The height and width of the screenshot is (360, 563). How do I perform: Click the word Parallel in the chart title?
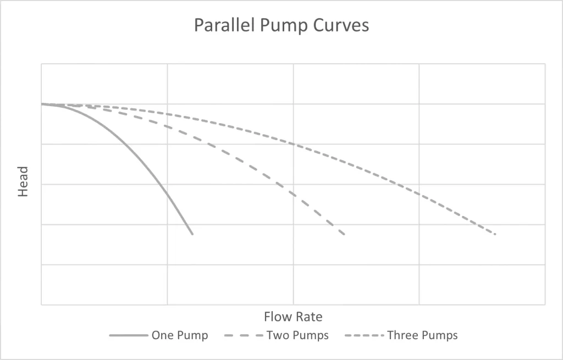pos(223,26)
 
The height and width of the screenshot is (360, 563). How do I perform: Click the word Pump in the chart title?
pos(280,26)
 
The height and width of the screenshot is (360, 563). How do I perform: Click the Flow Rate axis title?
pos(293,317)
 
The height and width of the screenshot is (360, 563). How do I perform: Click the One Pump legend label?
pos(180,335)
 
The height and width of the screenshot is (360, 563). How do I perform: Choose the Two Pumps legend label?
pos(297,335)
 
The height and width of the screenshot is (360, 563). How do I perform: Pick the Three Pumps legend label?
pos(422,335)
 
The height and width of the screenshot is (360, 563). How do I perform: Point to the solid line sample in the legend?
pos(129,335)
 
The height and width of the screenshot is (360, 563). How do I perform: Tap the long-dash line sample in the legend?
pos(244,335)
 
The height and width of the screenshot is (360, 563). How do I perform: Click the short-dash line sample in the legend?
pos(365,335)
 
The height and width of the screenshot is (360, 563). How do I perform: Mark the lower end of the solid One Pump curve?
pos(192,234)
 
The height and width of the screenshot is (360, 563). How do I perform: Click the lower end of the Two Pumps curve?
pos(344,235)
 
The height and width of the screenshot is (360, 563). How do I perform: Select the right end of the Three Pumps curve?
pos(495,234)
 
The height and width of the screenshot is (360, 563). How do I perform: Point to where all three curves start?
pos(42,104)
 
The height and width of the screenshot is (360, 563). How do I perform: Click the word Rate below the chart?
pos(309,317)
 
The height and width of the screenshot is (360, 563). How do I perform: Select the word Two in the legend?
pos(277,335)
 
